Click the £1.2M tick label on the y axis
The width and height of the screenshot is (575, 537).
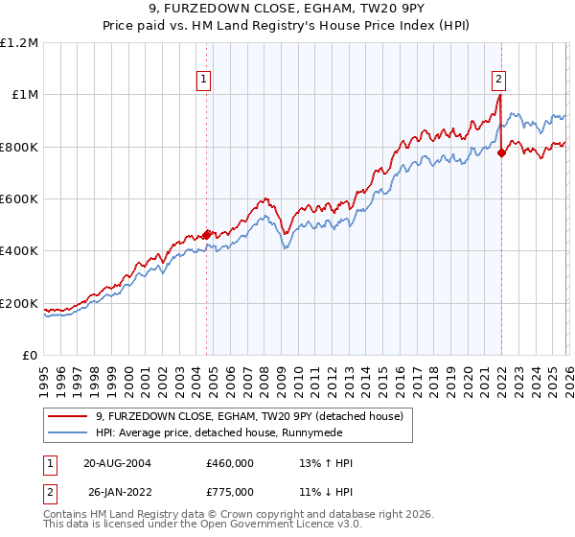pos(19,42)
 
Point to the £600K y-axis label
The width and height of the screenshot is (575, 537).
pos(19,199)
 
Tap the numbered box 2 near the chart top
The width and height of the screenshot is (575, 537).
pos(499,81)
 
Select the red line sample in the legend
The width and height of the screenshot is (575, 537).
pos(68,416)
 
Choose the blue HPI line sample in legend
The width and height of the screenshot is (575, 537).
pos(68,432)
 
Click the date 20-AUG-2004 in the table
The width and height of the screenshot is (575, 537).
pos(117,463)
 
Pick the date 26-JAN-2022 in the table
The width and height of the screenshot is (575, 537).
pos(117,490)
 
